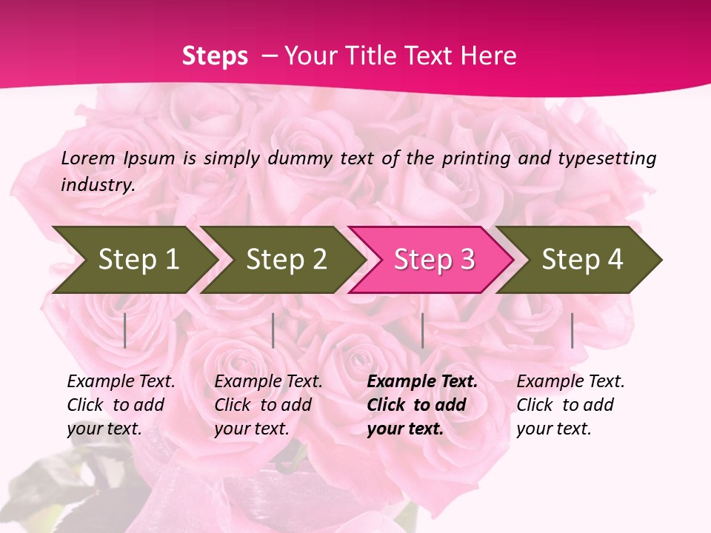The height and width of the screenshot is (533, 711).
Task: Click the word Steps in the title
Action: [215, 56]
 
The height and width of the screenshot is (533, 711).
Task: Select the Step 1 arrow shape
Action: [133, 259]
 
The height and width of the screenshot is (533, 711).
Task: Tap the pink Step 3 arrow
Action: [431, 259]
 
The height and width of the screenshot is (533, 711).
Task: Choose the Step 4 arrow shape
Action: [579, 259]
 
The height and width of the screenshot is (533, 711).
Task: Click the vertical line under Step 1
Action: [125, 330]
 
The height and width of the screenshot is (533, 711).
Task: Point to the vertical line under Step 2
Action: [273, 330]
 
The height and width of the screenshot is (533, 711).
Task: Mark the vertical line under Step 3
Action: [422, 330]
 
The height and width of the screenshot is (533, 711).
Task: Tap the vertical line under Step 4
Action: [572, 330]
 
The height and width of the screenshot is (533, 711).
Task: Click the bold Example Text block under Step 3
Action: [422, 405]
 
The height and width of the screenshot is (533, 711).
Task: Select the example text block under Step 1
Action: [121, 405]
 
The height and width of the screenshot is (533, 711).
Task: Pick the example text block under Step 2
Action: [268, 405]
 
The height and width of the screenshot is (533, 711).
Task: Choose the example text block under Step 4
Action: [570, 405]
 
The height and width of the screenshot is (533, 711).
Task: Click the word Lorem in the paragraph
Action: [88, 158]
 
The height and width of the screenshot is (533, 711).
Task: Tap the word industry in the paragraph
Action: [97, 185]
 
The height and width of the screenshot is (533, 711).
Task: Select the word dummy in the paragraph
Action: [299, 158]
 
